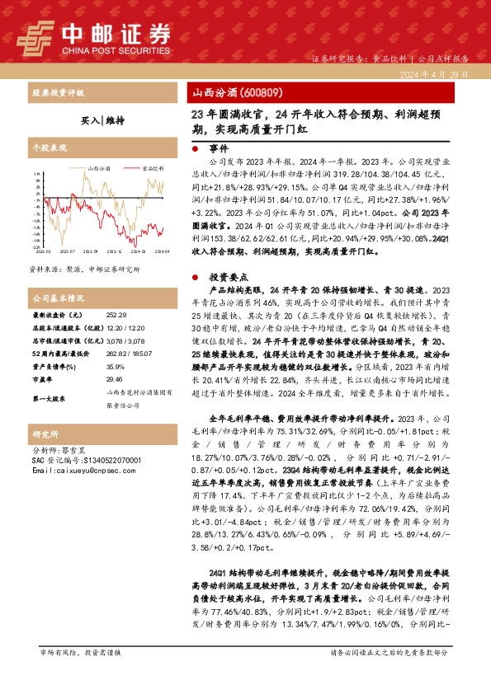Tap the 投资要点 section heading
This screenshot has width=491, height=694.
[224, 278]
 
